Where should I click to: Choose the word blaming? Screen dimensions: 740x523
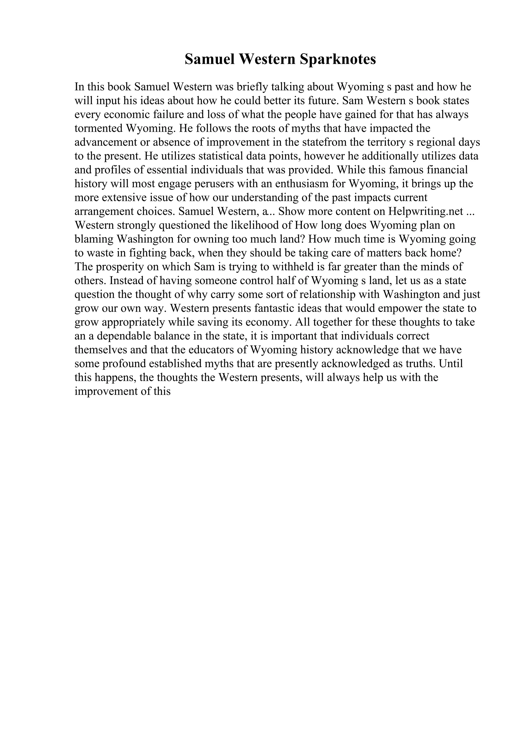tap(94, 239)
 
